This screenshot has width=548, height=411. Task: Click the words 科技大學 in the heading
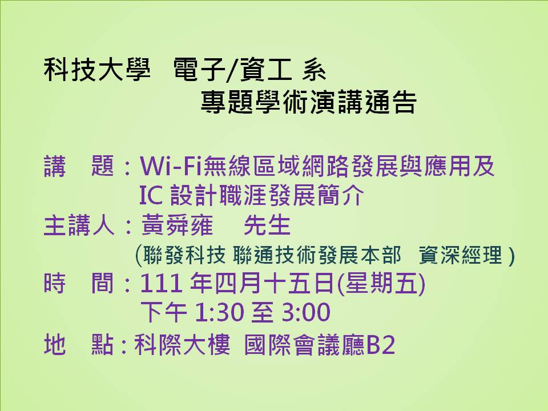[98, 70]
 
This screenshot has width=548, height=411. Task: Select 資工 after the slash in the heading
[266, 70]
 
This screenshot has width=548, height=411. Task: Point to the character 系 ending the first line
[315, 70]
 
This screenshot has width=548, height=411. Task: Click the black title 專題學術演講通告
[309, 102]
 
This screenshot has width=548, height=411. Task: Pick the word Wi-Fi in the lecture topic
[171, 166]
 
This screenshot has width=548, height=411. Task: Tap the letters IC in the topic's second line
[151, 195]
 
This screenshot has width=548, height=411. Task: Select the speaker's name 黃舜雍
[176, 225]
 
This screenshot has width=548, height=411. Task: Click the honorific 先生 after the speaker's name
[267, 225]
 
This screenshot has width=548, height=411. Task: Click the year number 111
[161, 283]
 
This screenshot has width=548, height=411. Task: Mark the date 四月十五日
[274, 283]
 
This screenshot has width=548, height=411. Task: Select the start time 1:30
[219, 312]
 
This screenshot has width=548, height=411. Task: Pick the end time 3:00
[306, 312]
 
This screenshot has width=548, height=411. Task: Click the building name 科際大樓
[182, 345]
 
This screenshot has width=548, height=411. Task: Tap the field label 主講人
[79, 225]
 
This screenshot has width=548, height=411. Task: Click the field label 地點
[79, 345]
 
